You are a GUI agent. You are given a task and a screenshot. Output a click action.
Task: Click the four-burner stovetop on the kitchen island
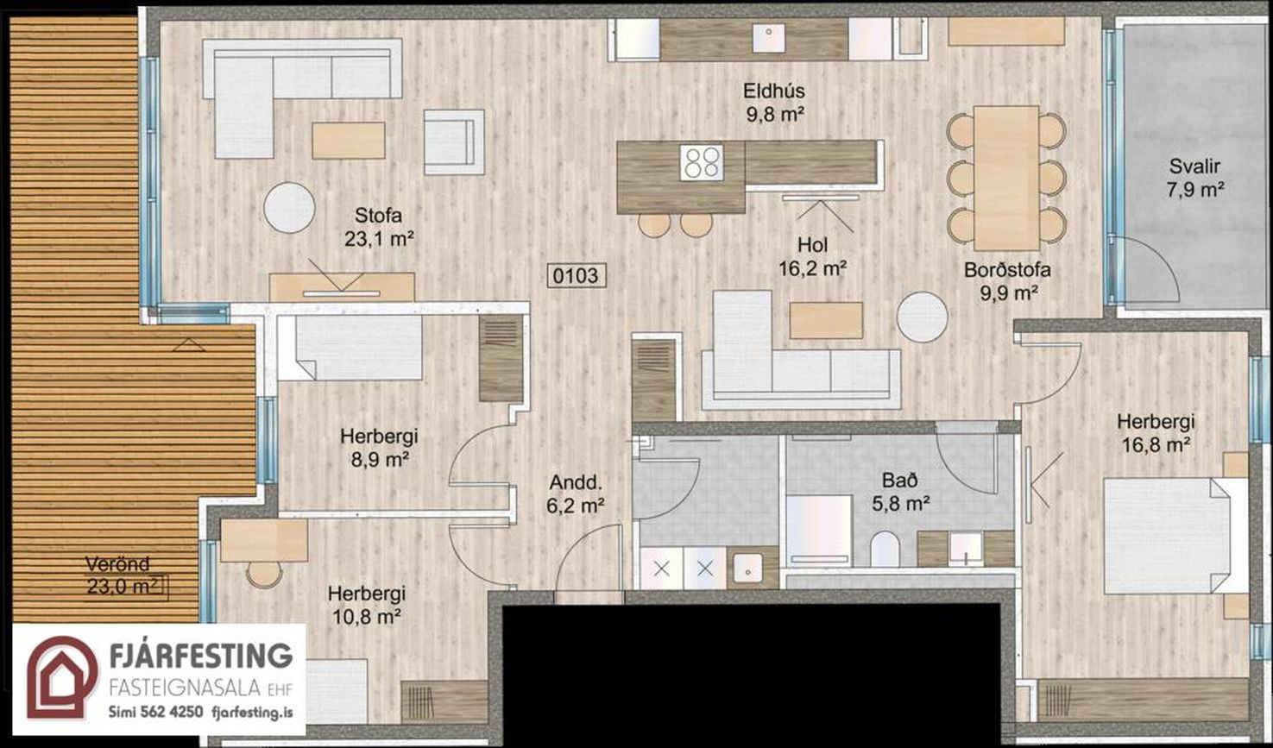(702, 163)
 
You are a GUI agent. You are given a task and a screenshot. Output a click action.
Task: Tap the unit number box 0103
(576, 276)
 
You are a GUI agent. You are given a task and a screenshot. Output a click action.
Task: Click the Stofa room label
(378, 216)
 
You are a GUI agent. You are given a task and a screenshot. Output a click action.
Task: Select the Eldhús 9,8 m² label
(774, 103)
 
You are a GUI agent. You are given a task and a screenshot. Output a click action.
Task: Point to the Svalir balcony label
(1194, 167)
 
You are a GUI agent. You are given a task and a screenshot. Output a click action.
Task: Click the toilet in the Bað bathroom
(885, 549)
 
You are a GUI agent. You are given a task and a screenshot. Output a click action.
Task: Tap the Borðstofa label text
(1007, 270)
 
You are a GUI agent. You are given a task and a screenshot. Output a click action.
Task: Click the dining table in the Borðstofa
(1006, 178)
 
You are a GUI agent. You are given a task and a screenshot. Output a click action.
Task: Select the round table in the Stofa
(289, 207)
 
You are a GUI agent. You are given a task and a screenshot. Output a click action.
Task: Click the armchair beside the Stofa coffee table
(454, 142)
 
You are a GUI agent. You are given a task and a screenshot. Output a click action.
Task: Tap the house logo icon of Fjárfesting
(62, 677)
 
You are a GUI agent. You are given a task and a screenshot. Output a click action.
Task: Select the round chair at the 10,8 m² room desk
(264, 575)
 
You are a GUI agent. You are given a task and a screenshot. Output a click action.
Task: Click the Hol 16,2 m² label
(813, 257)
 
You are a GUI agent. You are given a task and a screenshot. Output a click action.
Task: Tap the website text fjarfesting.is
(252, 713)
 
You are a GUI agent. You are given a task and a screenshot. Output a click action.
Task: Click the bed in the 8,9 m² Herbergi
(359, 348)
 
